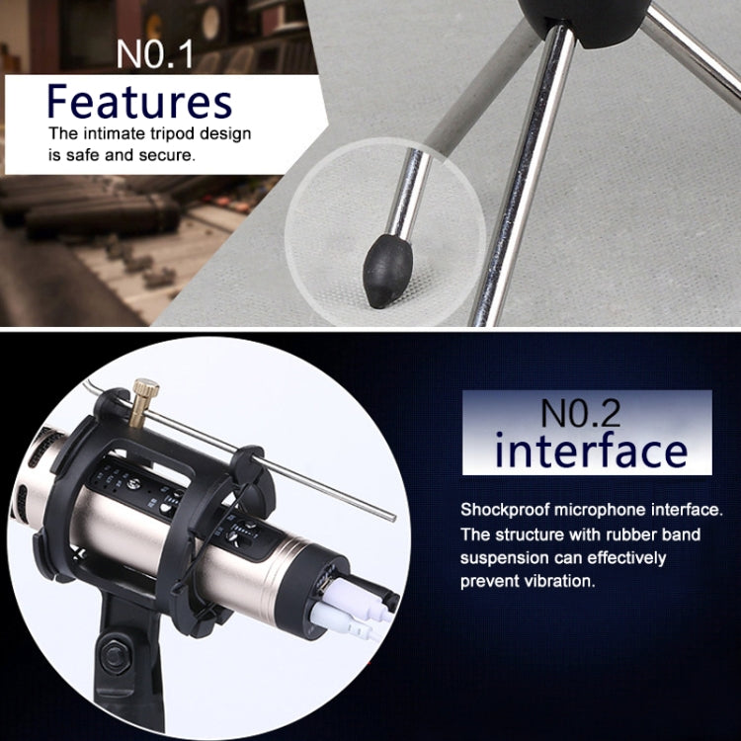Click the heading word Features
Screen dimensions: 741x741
coord(140,101)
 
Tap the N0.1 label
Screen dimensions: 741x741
coord(154,54)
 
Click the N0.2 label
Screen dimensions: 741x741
coord(580,413)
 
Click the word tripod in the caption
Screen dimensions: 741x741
coord(172,133)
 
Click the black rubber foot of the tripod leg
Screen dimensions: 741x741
coord(387,272)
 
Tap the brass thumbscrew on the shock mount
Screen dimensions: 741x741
coord(143,402)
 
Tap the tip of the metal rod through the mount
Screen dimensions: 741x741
coord(393,519)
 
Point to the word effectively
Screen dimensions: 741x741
coord(626,557)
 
